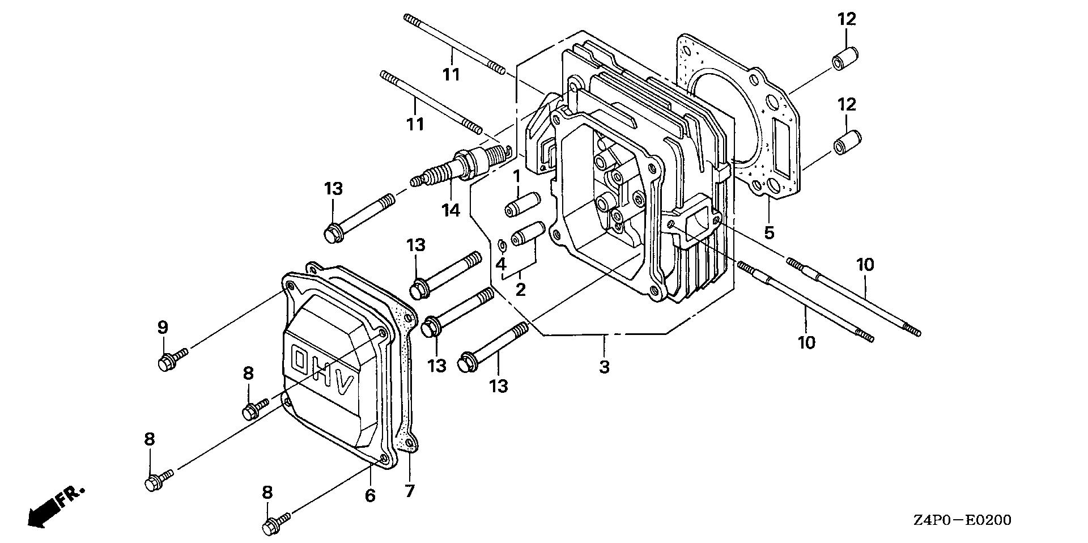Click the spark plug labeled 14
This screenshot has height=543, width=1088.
point(459,165)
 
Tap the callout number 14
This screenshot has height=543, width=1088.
point(451,210)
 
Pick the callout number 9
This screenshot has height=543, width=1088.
point(163,327)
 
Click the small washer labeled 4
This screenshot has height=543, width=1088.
point(501,245)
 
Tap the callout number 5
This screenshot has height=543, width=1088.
point(768,232)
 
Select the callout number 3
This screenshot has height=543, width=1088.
point(604,366)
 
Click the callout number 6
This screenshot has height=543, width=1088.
point(369,495)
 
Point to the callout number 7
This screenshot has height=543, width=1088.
point(409,490)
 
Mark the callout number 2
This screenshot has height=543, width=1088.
point(520,290)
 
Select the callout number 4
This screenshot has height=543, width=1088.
point(500,264)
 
